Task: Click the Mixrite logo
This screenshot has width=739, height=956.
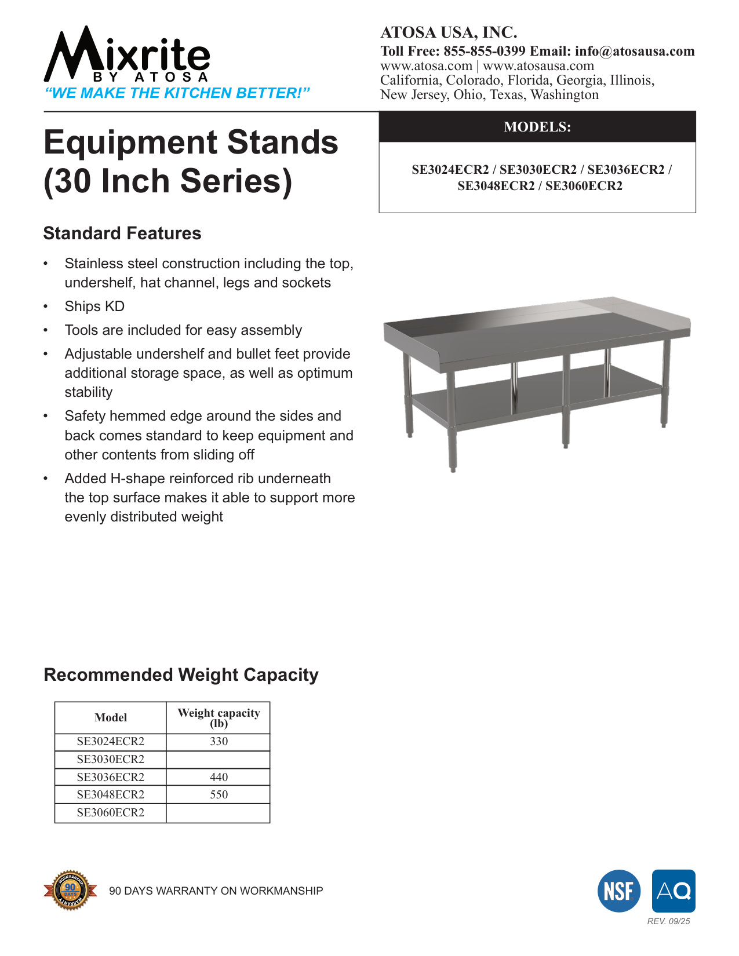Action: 127,56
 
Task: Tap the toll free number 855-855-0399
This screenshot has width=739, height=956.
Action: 484,51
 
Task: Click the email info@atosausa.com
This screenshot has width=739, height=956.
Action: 635,51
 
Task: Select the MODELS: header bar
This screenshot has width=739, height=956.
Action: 537,127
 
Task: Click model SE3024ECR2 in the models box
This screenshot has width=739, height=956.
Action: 450,170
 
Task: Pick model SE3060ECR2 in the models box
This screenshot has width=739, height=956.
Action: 584,186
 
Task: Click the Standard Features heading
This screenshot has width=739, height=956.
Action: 122,233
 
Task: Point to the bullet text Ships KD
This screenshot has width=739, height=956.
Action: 94,306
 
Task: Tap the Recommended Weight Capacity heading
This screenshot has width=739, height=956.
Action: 181,675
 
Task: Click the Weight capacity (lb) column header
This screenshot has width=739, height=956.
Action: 219,717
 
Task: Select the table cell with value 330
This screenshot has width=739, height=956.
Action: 219,742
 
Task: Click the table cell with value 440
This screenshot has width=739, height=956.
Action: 219,777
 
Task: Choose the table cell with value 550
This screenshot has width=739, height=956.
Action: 219,795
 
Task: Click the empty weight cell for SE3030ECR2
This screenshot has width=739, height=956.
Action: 219,760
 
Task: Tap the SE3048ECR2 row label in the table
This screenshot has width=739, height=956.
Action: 110,795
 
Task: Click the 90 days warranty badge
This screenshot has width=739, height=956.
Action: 70,890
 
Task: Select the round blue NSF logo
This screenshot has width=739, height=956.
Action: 619,891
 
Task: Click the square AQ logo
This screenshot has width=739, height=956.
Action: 674,891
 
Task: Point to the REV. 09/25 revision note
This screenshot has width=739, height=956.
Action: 668,921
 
